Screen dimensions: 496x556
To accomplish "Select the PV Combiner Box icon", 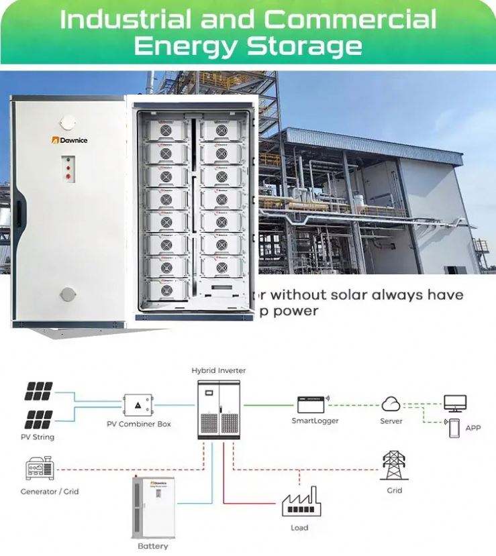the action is pyautogui.click(x=138, y=405).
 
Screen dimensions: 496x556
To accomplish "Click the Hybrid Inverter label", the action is pyautogui.click(x=218, y=370).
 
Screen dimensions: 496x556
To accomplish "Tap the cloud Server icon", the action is pyautogui.click(x=391, y=404).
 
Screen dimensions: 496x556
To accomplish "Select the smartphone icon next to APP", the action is pyautogui.click(x=454, y=428).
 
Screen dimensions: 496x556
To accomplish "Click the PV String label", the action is pyautogui.click(x=38, y=437).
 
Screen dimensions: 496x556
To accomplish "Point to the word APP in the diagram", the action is pyautogui.click(x=473, y=428).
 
